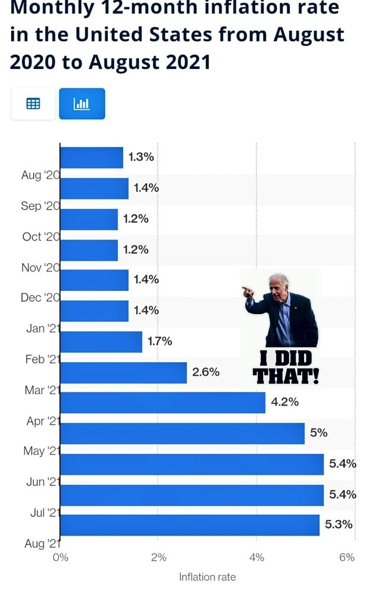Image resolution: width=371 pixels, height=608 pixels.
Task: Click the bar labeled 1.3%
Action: pos(91,157)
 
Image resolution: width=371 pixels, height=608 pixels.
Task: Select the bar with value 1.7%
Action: pos(101,341)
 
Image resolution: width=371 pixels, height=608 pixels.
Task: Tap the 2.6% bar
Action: pos(123,372)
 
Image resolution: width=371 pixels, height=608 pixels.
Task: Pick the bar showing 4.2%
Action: pos(162,403)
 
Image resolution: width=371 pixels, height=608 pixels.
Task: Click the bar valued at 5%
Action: pos(182,433)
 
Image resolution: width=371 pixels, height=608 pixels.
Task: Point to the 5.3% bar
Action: pos(190,525)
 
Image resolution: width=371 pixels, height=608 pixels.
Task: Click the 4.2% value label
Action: pos(284,403)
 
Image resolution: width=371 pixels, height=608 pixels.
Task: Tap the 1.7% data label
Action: pos(159,341)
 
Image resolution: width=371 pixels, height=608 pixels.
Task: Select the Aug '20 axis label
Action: pos(39,175)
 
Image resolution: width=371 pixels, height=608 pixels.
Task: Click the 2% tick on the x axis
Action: pos(158,558)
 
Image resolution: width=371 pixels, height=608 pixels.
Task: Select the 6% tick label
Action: pos(347,558)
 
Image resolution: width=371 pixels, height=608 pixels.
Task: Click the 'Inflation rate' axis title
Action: pos(207,577)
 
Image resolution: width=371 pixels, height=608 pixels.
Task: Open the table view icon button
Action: pos(33,104)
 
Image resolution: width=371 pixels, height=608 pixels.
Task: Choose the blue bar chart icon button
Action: pos(82,104)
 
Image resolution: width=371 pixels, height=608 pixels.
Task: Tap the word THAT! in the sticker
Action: pos(286,376)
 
